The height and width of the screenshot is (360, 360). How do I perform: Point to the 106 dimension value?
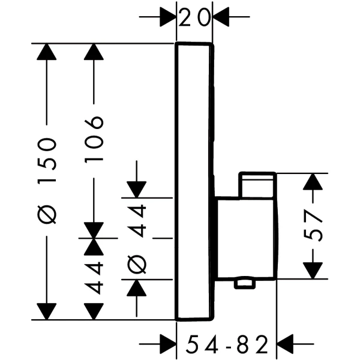click(95, 139)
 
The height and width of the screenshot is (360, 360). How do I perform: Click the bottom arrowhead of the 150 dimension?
click(46, 311)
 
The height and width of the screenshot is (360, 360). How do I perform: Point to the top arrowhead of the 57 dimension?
click(314, 182)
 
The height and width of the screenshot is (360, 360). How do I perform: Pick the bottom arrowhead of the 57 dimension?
click(314, 270)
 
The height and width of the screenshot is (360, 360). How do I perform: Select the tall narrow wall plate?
click(194, 180)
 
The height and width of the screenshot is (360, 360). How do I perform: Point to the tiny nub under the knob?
click(244, 283)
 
